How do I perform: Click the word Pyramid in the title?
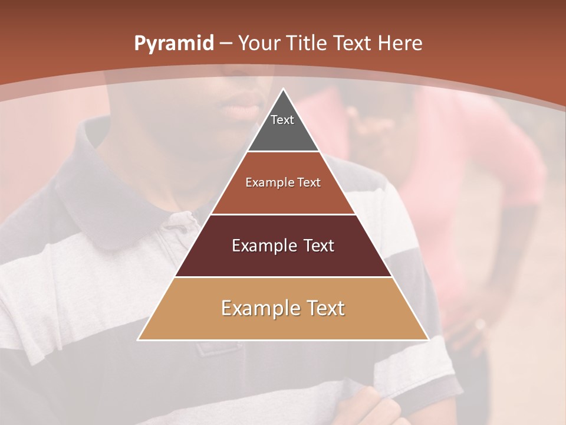tap(173, 44)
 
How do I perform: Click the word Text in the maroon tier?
tap(319, 246)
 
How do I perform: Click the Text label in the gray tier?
tap(282, 120)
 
